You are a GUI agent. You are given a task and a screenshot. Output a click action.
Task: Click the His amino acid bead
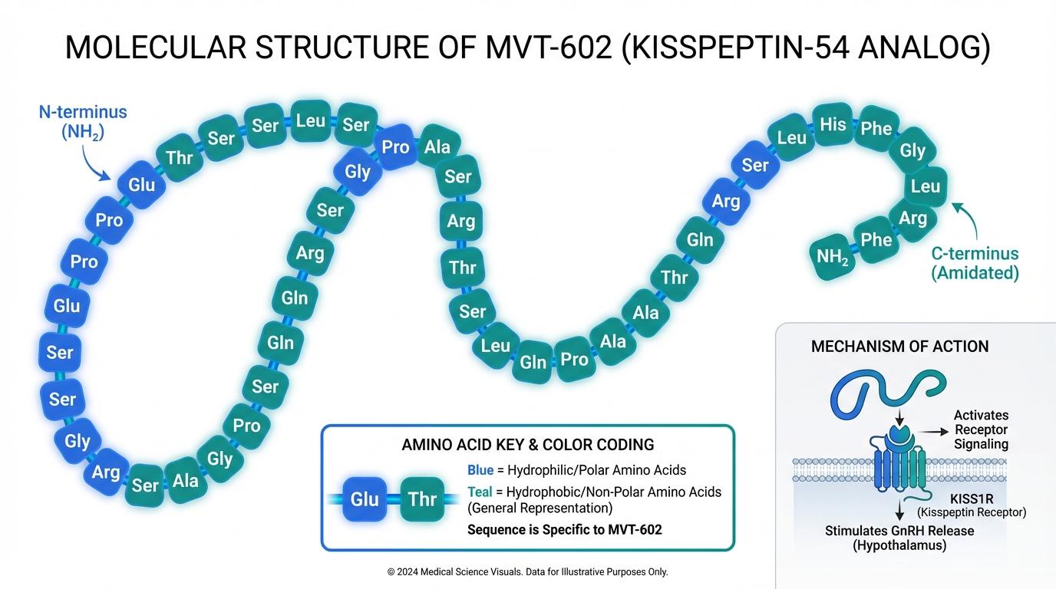pyautogui.click(x=833, y=123)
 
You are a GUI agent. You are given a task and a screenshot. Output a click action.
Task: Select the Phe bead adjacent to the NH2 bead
pyautogui.click(x=876, y=240)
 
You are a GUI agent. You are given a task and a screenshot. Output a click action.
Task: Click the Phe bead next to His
pyautogui.click(x=876, y=128)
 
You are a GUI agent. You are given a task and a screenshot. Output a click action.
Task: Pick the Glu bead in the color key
pyautogui.click(x=365, y=499)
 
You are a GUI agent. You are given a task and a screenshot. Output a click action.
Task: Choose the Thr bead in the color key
pyautogui.click(x=422, y=499)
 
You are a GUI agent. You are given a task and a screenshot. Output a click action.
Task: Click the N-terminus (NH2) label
pyautogui.click(x=83, y=122)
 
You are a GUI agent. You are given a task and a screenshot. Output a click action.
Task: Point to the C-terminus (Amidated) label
pyautogui.click(x=975, y=263)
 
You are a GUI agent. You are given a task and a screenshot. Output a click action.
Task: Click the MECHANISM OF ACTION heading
pyautogui.click(x=899, y=347)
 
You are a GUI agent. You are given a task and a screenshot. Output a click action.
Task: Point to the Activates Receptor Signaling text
pyautogui.click(x=981, y=429)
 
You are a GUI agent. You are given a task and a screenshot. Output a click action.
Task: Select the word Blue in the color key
pyautogui.click(x=480, y=470)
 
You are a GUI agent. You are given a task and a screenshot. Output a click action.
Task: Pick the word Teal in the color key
pyautogui.click(x=480, y=492)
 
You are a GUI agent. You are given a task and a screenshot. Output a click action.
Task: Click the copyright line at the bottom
pyautogui.click(x=528, y=572)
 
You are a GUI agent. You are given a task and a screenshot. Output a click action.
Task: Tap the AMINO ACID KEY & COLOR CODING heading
pyautogui.click(x=528, y=445)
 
